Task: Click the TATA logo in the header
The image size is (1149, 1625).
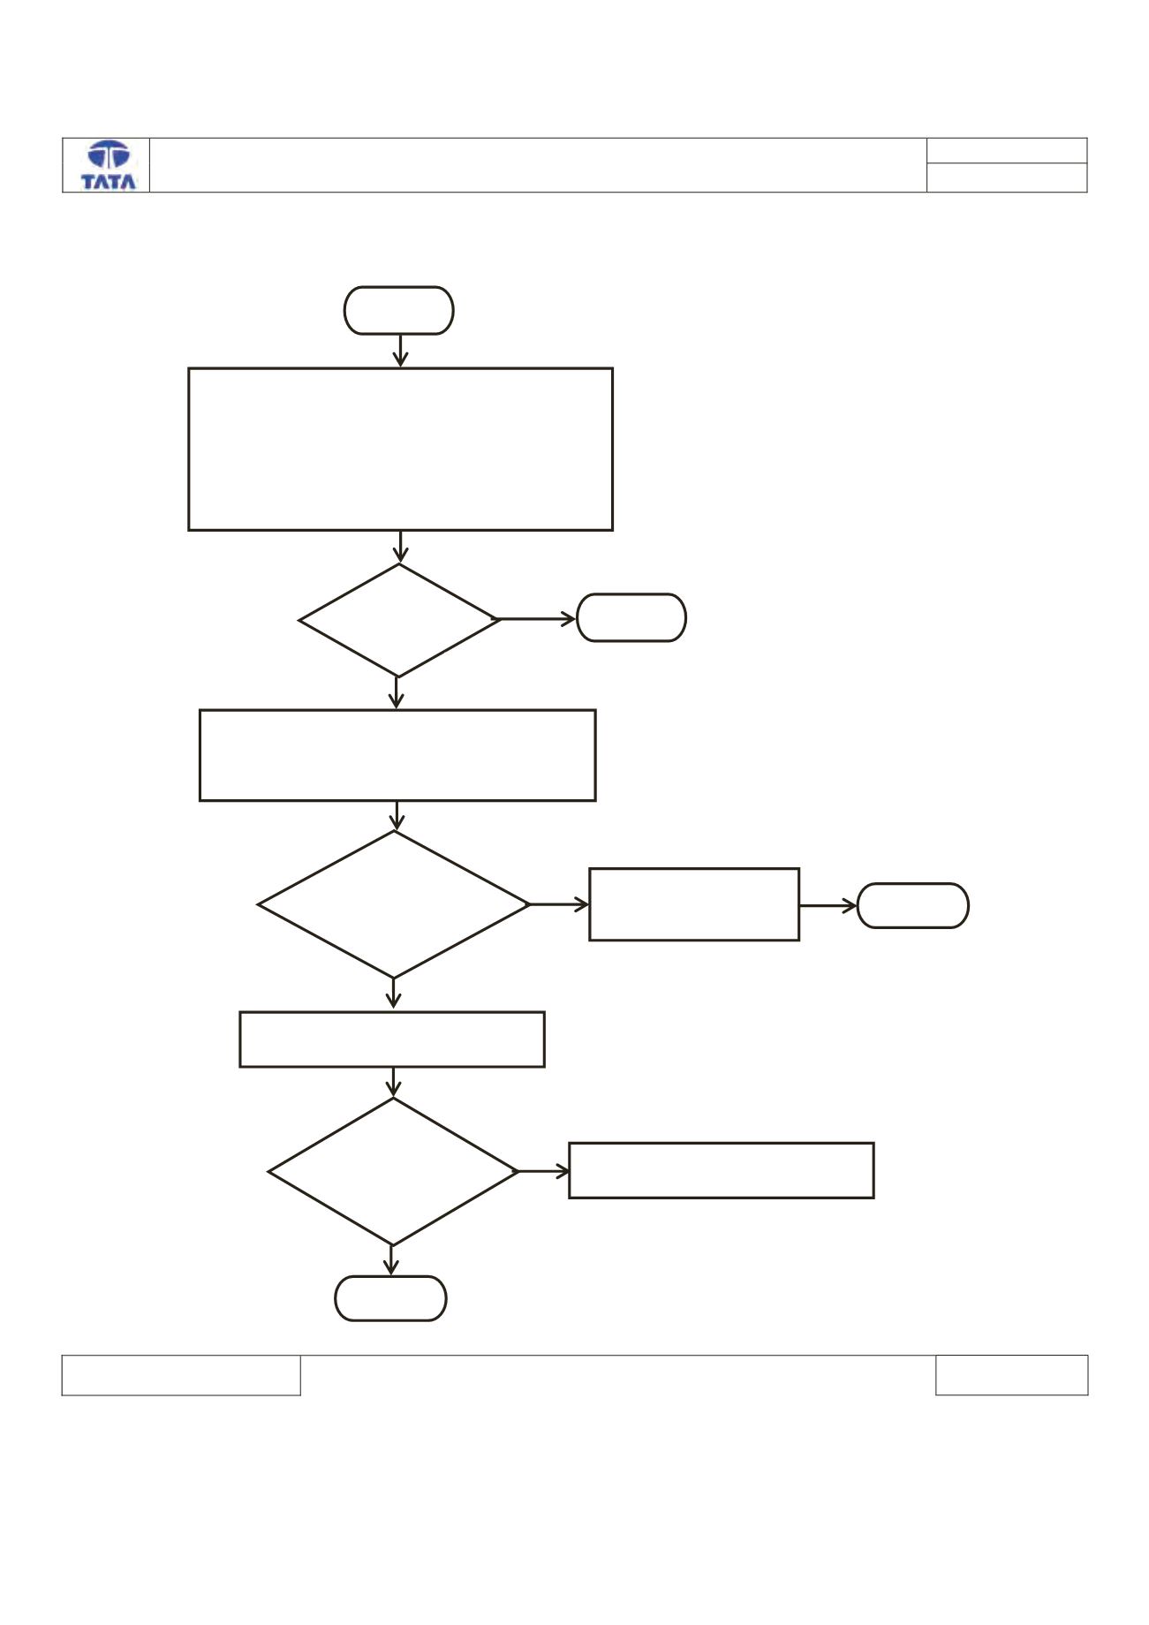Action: point(109,165)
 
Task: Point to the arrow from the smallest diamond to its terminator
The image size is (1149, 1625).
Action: point(538,620)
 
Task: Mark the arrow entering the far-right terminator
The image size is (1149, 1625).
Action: point(828,905)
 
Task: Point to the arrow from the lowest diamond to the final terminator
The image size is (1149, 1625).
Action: point(391,1260)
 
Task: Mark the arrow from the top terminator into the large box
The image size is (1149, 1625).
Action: point(400,351)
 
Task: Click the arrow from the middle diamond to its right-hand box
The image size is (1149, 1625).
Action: point(560,904)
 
